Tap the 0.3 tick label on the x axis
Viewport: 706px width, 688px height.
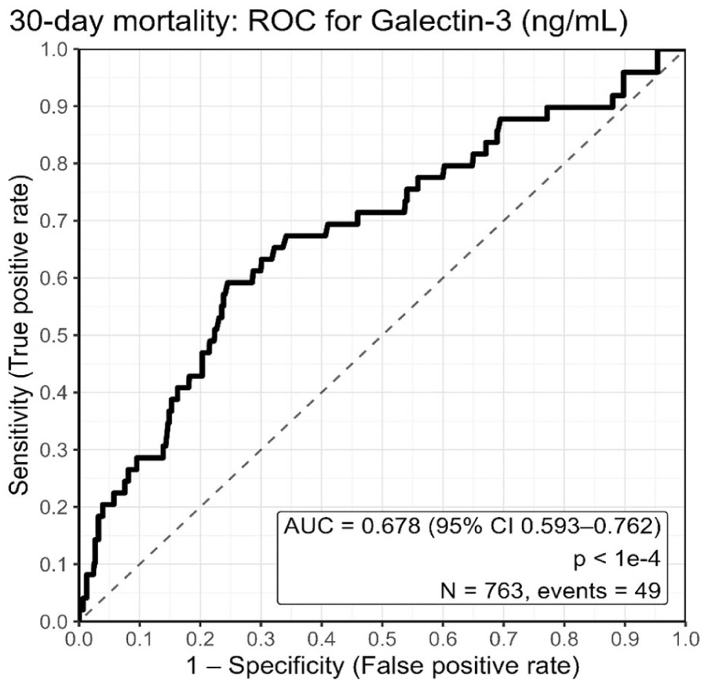tap(261, 639)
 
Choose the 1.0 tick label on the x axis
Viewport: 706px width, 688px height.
tap(685, 639)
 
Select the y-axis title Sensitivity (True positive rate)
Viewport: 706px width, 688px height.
tap(20, 335)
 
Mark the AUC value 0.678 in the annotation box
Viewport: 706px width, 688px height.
tap(391, 526)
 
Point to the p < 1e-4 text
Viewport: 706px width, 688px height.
tap(617, 559)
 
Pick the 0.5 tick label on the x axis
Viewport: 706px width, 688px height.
tap(382, 639)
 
